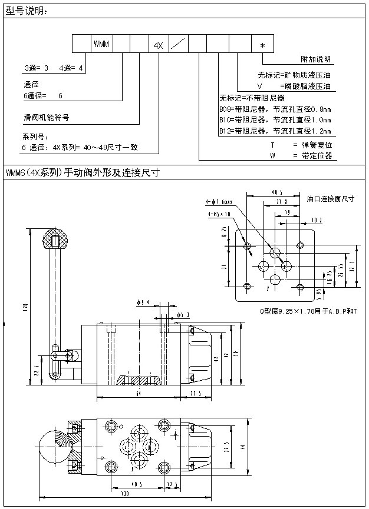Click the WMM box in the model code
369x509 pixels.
point(100,45)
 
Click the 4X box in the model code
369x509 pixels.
point(157,45)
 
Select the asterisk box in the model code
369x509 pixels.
point(262,45)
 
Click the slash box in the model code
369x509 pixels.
point(181,45)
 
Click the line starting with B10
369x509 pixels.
point(275,120)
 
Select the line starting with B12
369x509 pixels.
point(275,131)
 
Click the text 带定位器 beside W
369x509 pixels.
point(317,156)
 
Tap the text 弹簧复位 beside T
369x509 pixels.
point(317,144)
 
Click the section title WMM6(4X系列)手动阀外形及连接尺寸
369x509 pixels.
point(83,173)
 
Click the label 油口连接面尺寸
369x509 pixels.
point(331,199)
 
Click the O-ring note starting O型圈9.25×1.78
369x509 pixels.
point(308,310)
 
